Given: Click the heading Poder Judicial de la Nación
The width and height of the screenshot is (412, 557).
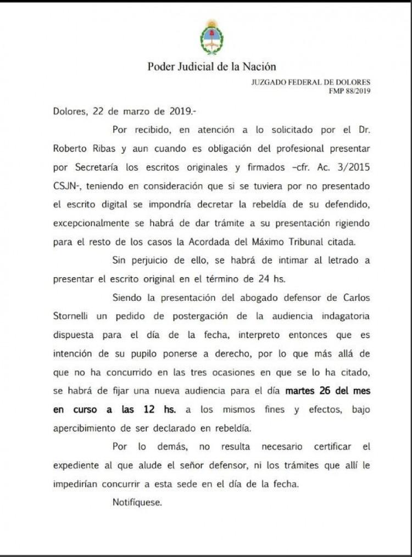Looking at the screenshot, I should pyautogui.click(x=211, y=67).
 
